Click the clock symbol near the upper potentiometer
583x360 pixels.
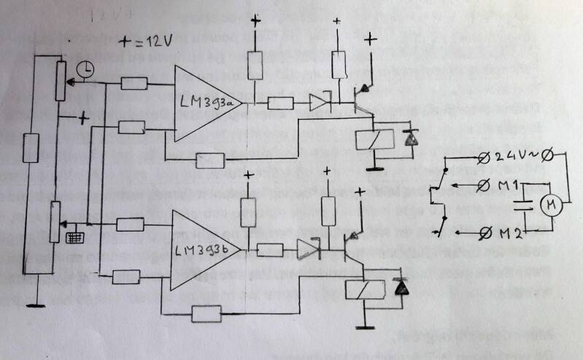tap(85, 69)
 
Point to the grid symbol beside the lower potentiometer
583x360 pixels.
tap(73, 237)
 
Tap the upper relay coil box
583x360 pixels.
tap(374, 138)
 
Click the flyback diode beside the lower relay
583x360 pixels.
tap(400, 288)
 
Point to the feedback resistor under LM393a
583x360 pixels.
tap(209, 159)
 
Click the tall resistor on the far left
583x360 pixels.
tap(30, 148)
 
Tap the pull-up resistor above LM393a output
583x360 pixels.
tap(255, 66)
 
